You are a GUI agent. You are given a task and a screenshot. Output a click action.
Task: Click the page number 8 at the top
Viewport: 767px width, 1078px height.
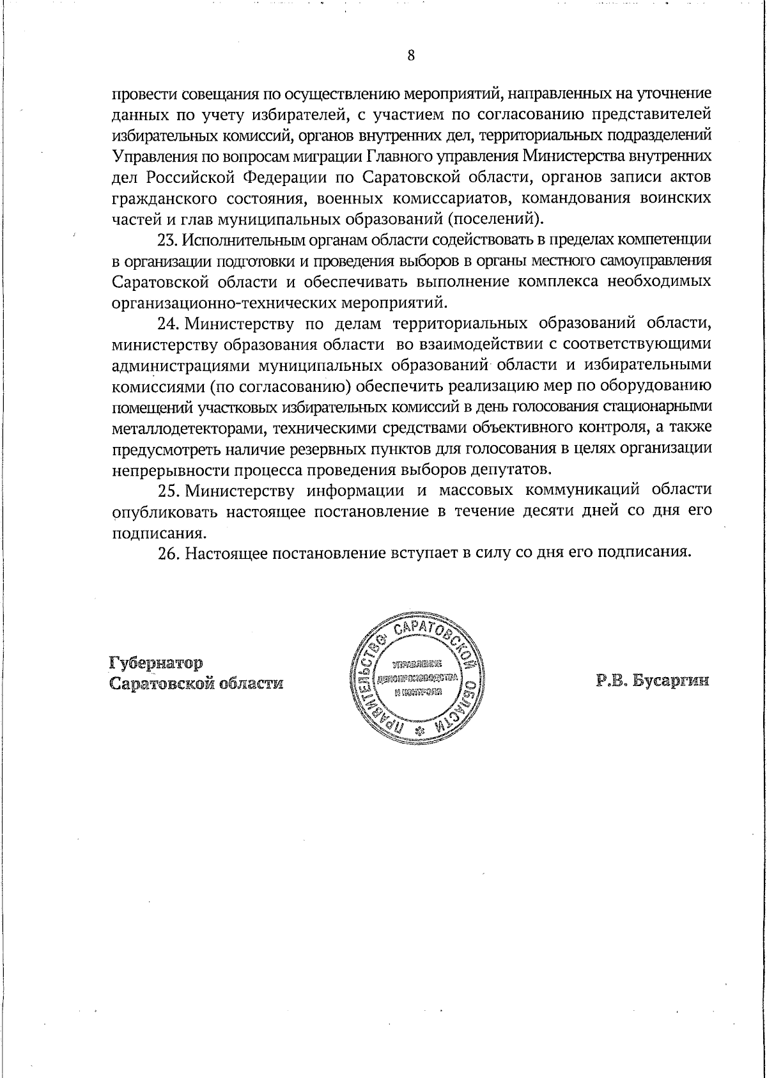tap(412, 56)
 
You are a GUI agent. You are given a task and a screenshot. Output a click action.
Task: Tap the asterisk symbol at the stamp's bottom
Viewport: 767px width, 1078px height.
tap(420, 731)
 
